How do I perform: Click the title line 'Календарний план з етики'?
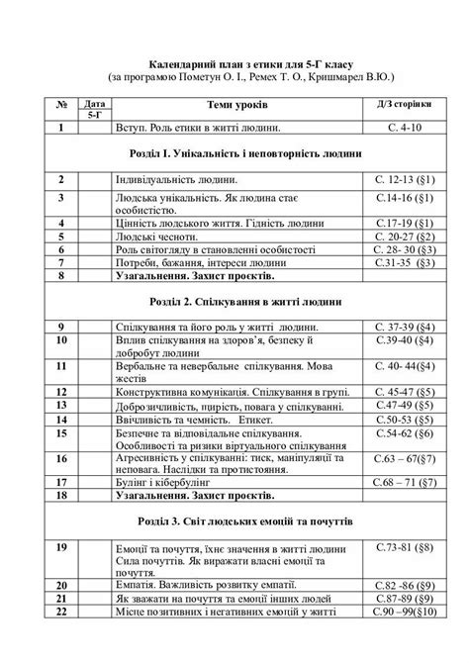235,59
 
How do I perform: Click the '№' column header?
61,105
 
